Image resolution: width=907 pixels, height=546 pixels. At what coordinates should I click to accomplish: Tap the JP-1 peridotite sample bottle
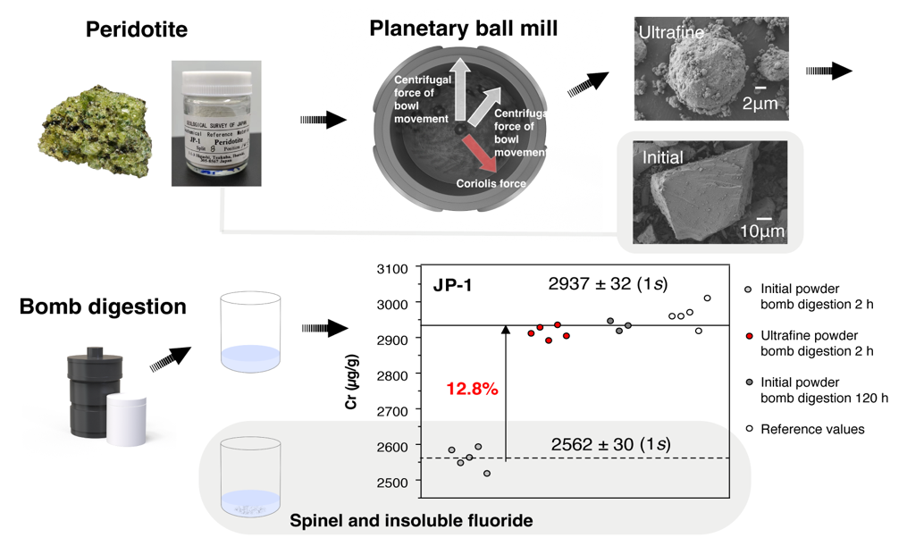[x=216, y=123]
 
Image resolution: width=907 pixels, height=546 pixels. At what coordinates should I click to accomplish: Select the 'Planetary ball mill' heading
[x=463, y=29]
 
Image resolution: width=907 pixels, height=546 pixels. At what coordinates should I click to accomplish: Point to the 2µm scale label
[x=760, y=103]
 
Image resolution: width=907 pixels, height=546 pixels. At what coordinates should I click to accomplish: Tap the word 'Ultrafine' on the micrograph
[x=670, y=34]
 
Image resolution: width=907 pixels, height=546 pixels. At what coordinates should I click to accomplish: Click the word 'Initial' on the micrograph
[x=663, y=158]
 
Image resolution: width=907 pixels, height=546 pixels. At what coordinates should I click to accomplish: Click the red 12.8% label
[x=472, y=389]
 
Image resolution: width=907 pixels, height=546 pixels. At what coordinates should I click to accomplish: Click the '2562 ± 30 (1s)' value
[x=610, y=444]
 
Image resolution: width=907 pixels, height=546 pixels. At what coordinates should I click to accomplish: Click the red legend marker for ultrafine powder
[x=748, y=337]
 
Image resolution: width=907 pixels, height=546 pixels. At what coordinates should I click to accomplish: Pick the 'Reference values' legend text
[x=812, y=429]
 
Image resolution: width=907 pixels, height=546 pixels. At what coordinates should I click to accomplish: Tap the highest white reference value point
[x=707, y=298]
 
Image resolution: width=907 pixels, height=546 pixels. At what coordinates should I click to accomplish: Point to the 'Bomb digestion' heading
[x=103, y=307]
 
